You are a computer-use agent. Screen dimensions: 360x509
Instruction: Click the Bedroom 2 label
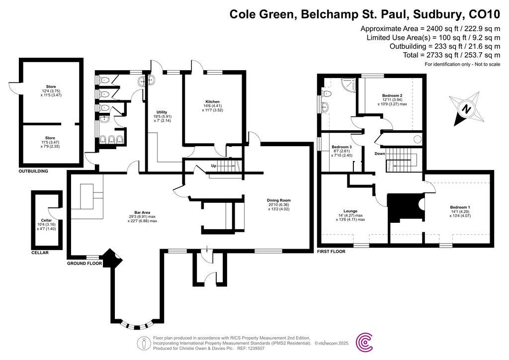392,95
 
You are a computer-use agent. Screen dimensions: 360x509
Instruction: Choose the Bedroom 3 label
342,147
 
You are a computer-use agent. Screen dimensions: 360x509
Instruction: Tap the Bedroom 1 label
460,207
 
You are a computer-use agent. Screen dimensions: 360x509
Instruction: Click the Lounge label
350,211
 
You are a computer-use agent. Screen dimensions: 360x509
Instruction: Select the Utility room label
162,112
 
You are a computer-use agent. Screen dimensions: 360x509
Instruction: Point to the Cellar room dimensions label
46,227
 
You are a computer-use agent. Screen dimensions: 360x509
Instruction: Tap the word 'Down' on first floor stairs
380,154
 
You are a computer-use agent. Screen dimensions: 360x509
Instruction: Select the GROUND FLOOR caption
85,264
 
